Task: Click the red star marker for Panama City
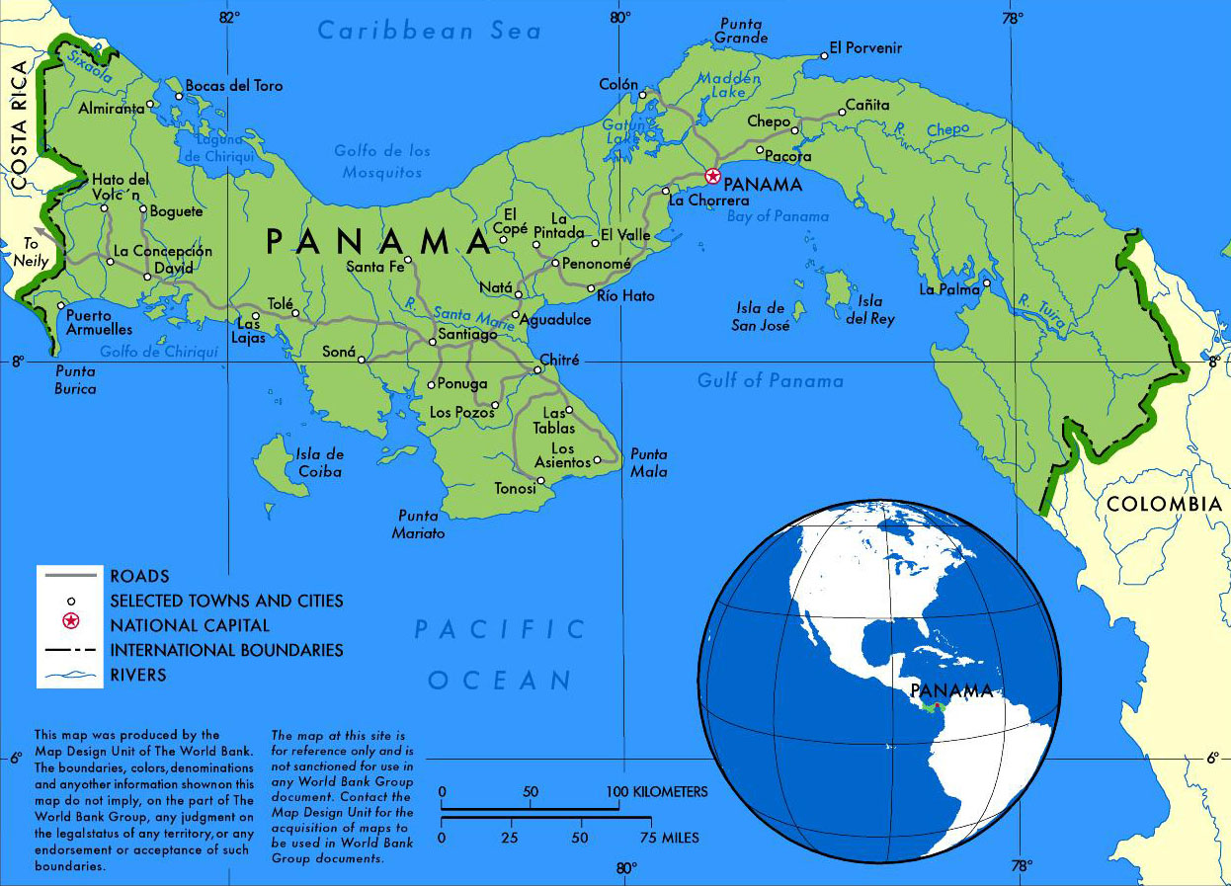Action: [712, 177]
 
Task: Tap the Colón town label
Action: [618, 85]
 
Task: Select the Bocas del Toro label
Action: [234, 86]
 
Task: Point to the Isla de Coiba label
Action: [319, 463]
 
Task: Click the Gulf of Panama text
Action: [771, 380]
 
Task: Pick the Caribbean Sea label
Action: [430, 31]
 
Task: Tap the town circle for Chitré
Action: [537, 370]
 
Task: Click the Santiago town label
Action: [467, 335]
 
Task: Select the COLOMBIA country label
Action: [1164, 505]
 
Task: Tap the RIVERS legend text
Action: [138, 676]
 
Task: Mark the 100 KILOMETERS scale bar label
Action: [657, 792]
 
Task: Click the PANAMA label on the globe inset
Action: [950, 690]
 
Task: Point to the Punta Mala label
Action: [649, 462]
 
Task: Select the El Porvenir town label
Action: [865, 47]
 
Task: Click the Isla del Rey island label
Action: [869, 310]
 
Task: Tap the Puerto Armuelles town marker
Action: [61, 306]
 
